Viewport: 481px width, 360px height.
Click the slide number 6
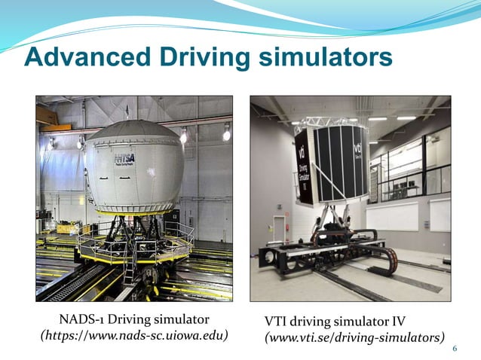click(x=455, y=348)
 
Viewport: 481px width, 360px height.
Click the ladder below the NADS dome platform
click(x=130, y=267)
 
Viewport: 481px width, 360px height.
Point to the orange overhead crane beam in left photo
click(x=46, y=114)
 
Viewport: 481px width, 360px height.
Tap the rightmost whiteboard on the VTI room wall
click(x=440, y=214)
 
